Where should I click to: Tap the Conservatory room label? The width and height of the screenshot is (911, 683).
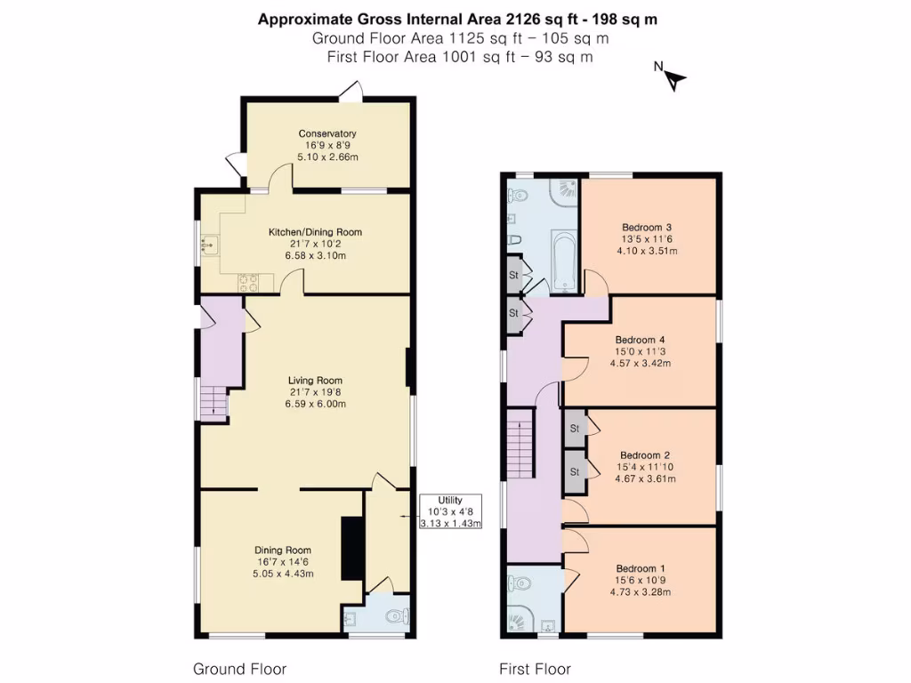coord(327,133)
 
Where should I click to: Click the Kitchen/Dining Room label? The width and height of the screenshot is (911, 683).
coord(315,232)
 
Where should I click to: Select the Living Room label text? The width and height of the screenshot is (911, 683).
coord(315,380)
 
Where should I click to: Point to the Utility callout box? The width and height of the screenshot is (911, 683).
coord(450,511)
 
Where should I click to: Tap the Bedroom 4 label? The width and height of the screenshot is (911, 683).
coord(641,340)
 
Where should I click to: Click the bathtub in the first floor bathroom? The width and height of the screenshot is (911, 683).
coord(564,261)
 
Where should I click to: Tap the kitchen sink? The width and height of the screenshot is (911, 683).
coord(211,244)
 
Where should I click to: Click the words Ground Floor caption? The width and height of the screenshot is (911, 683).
coord(239,669)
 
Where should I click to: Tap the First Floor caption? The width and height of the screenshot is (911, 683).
coord(535,669)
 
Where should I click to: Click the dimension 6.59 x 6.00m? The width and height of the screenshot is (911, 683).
coord(315,404)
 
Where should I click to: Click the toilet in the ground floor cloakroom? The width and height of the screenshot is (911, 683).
coord(402,615)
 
